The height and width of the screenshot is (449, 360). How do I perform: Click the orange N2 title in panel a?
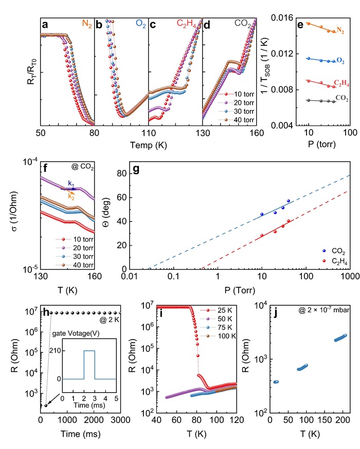coord(85,24)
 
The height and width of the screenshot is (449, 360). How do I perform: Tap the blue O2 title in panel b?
coord(139,24)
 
